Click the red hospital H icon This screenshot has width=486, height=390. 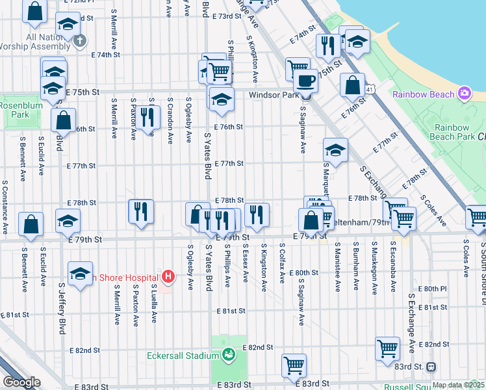click(x=168, y=277)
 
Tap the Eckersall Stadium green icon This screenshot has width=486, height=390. click(x=228, y=355)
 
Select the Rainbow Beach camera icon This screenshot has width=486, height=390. click(x=464, y=94)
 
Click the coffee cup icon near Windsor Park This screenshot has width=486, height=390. click(x=305, y=81)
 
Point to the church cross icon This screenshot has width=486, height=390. click(x=79, y=41)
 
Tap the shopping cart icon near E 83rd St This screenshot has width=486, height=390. click(x=294, y=365)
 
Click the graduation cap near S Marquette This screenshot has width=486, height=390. click(x=335, y=150)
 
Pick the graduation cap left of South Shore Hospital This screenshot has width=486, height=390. click(x=80, y=274)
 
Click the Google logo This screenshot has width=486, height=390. click(x=21, y=382)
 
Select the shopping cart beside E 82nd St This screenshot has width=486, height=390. click(x=387, y=348)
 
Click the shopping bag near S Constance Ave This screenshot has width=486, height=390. click(x=31, y=224)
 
